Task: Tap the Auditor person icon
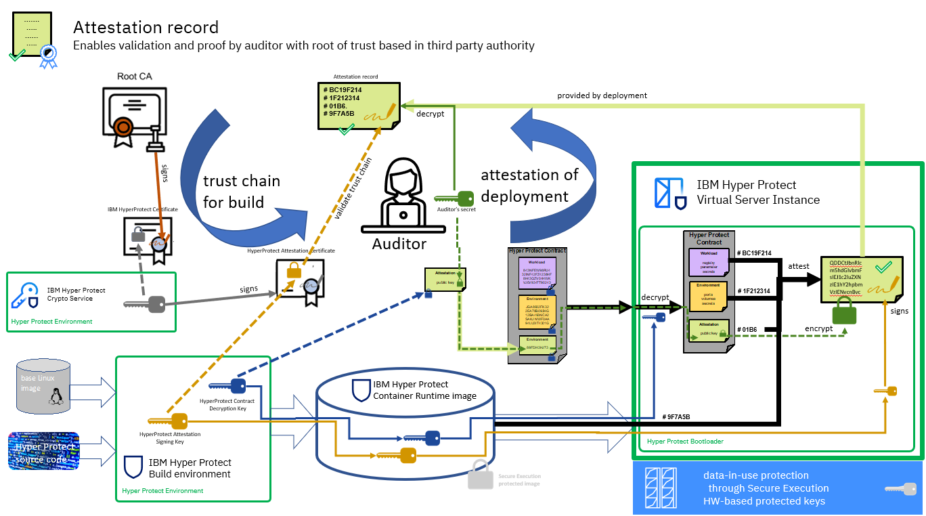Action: (x=399, y=196)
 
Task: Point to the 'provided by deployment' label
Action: (x=602, y=95)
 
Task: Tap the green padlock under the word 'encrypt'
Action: (x=844, y=312)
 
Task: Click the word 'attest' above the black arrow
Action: (x=799, y=266)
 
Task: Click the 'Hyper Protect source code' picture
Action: (x=44, y=451)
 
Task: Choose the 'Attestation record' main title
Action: (x=146, y=28)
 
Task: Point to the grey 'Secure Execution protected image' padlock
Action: (x=480, y=475)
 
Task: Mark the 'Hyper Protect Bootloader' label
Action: (x=685, y=442)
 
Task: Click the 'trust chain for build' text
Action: (x=242, y=192)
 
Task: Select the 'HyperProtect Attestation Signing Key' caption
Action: (x=170, y=437)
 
